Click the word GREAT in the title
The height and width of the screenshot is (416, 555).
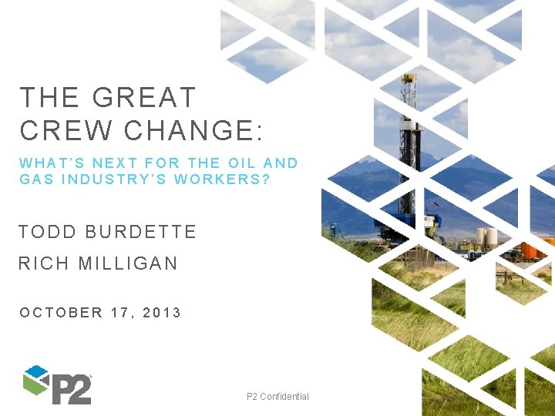point(144,98)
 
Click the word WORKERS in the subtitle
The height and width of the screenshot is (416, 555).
point(223,179)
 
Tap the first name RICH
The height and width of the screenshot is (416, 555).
point(44,263)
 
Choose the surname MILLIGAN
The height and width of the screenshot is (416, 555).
point(128,263)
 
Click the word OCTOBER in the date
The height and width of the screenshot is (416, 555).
point(62,312)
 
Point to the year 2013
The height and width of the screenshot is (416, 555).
point(162,312)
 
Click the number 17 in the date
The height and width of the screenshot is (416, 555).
point(123,312)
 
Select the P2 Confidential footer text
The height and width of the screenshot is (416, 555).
point(277,396)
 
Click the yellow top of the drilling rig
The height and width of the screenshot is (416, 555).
point(409,79)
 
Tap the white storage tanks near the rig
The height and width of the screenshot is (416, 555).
point(486,238)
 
